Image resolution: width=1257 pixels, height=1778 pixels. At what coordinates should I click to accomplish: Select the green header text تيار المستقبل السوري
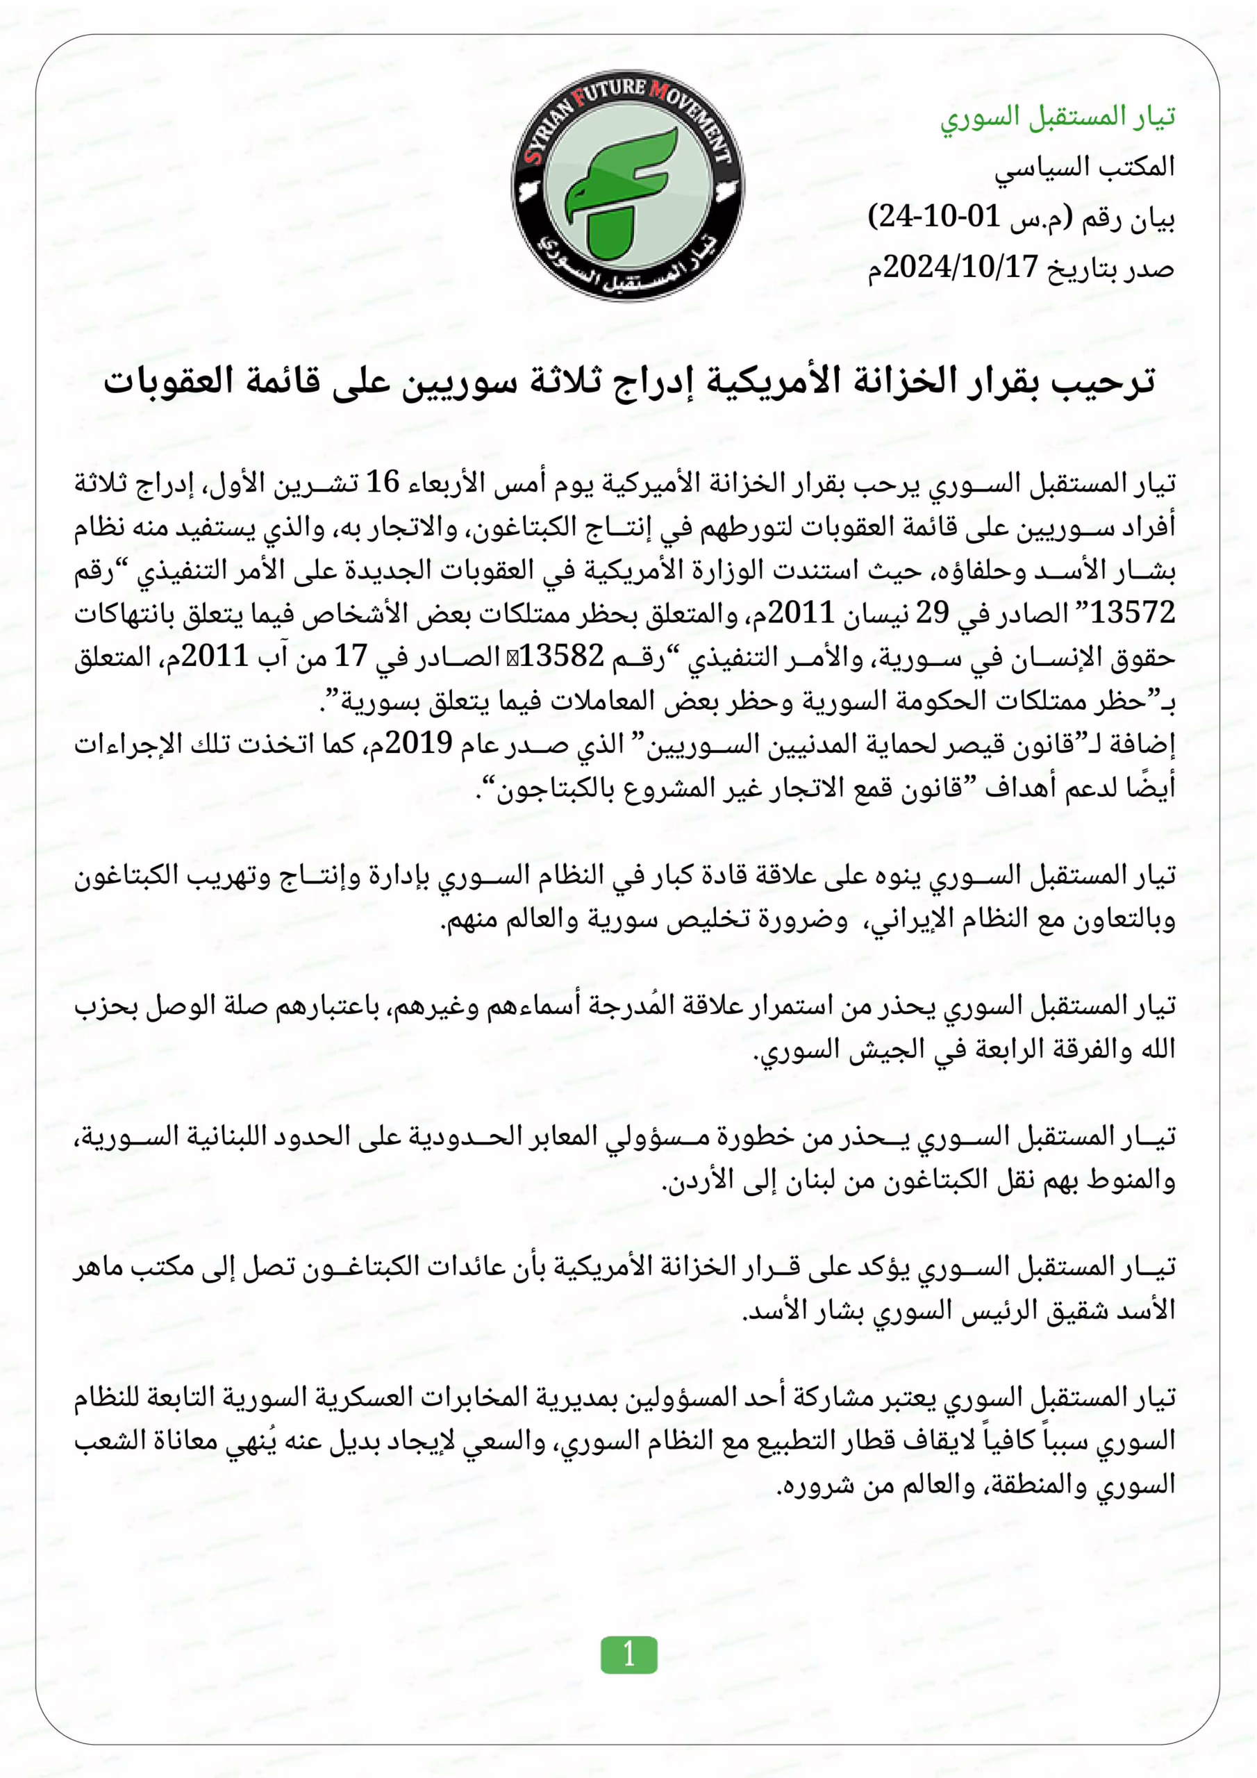click(x=1057, y=117)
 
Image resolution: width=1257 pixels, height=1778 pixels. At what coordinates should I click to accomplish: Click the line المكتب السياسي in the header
click(x=1084, y=168)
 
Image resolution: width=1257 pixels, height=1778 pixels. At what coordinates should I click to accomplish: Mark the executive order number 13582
click(x=562, y=657)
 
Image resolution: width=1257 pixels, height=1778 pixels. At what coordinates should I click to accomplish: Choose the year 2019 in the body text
click(x=418, y=743)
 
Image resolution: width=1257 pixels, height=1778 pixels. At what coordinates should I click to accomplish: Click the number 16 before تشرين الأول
click(x=382, y=483)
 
